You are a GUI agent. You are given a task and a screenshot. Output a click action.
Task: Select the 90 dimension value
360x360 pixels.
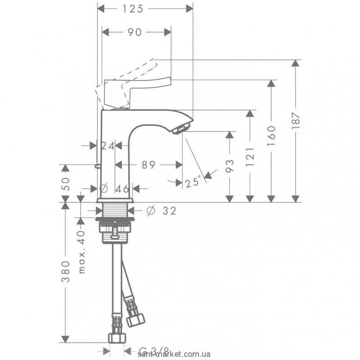point(135,32)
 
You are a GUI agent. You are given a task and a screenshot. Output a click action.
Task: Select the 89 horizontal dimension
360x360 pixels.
point(148,165)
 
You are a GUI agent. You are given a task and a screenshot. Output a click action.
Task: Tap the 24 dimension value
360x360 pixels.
point(107,145)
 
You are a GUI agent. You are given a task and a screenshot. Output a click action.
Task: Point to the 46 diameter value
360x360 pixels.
point(118,189)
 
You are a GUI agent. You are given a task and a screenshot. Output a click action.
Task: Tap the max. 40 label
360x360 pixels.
point(81,250)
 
